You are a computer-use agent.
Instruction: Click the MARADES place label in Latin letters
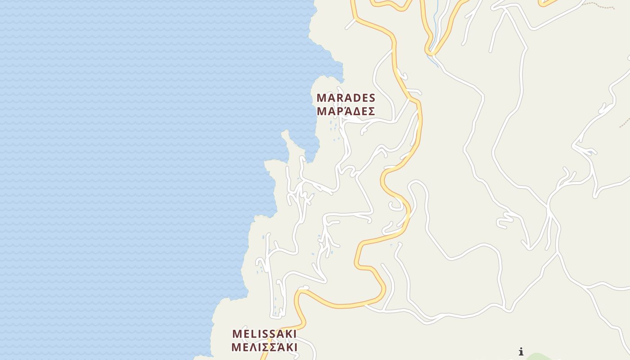(346, 98)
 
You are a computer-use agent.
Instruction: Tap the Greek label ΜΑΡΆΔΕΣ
(346, 111)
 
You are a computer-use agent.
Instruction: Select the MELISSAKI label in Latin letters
(264, 334)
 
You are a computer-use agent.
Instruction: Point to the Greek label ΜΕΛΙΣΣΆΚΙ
(264, 347)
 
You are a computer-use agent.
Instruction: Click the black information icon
(521, 351)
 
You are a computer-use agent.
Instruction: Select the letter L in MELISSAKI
(253, 334)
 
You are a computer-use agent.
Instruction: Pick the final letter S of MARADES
(371, 98)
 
